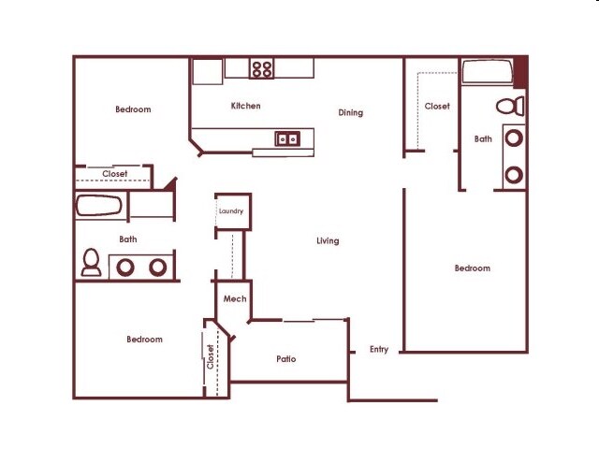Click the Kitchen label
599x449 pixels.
click(x=246, y=106)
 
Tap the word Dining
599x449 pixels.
click(x=350, y=113)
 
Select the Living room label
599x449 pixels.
click(x=328, y=241)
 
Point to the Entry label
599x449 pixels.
click(x=379, y=350)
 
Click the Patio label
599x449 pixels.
click(x=286, y=358)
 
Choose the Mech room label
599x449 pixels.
click(x=234, y=299)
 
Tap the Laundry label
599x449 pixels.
click(x=230, y=211)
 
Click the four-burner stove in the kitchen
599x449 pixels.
click(x=262, y=68)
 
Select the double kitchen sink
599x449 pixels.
click(x=287, y=139)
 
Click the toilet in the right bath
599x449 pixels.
click(x=510, y=106)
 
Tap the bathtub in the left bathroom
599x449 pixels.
click(x=98, y=206)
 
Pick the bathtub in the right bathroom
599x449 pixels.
click(x=486, y=72)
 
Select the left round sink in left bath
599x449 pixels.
click(x=125, y=267)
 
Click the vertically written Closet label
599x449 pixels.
click(x=211, y=356)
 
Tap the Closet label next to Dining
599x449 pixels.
click(x=437, y=107)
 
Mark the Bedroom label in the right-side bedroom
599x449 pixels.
click(x=472, y=268)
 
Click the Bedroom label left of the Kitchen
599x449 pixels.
click(x=133, y=109)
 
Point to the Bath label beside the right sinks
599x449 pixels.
click(x=483, y=139)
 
